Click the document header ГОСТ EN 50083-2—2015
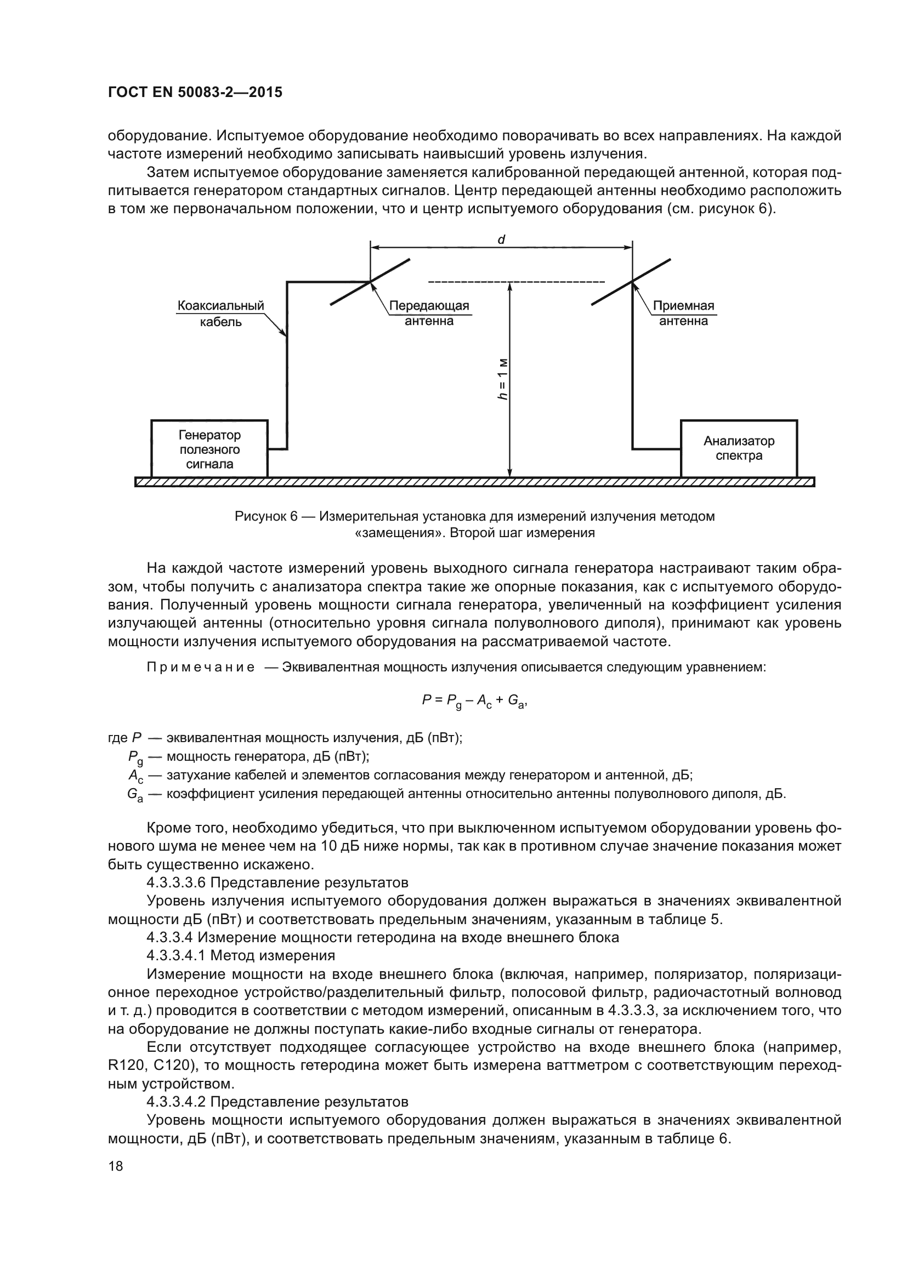click(195, 92)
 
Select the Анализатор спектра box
click(738, 448)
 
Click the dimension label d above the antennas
click(501, 240)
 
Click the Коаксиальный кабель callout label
click(220, 314)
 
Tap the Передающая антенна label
click(429, 314)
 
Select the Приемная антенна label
click(683, 314)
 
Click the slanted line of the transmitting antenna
click(371, 281)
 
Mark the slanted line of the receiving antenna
click(632, 281)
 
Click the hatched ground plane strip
click(475, 482)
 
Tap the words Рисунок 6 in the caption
click(266, 516)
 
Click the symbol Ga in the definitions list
click(134, 795)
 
